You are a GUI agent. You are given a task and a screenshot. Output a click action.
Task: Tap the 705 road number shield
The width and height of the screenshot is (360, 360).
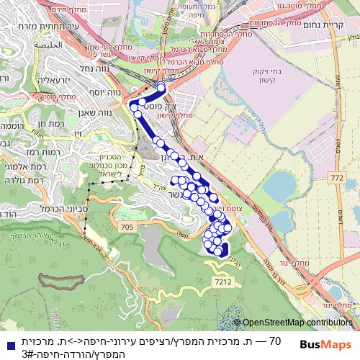tap(128, 228)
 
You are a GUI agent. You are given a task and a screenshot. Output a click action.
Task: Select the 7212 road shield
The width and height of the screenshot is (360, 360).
tap(222, 282)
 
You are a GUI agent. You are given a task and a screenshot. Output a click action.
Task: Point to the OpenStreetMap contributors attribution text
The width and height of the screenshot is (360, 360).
tap(297, 323)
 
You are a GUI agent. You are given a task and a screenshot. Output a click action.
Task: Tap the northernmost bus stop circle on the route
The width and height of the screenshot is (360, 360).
tap(161, 87)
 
